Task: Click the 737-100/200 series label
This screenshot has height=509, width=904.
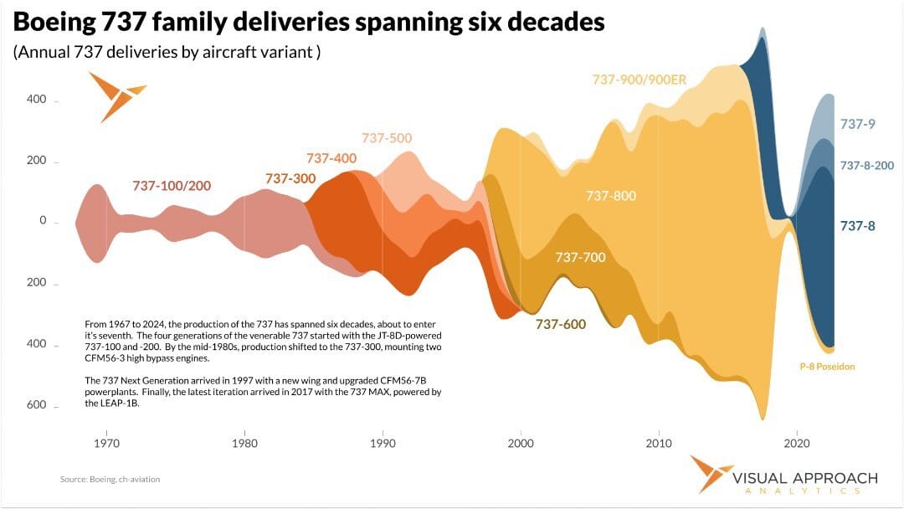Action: [172, 185]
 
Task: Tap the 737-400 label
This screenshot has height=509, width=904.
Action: [331, 157]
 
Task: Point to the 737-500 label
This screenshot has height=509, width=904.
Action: [387, 138]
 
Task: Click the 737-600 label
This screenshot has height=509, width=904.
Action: [561, 324]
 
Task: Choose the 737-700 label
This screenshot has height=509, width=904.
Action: [579, 257]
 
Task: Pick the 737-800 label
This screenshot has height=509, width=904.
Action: [611, 196]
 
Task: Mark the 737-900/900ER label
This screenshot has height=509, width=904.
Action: [639, 80]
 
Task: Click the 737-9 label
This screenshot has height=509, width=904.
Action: [857, 124]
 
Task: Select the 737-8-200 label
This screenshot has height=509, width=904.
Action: [867, 166]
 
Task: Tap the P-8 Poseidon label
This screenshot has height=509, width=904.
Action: [828, 367]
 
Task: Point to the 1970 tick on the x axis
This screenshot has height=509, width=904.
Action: [105, 442]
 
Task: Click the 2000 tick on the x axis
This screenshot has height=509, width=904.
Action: [521, 442]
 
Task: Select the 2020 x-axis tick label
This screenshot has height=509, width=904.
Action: [797, 442]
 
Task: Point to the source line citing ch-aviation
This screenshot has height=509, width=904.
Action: [110, 479]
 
